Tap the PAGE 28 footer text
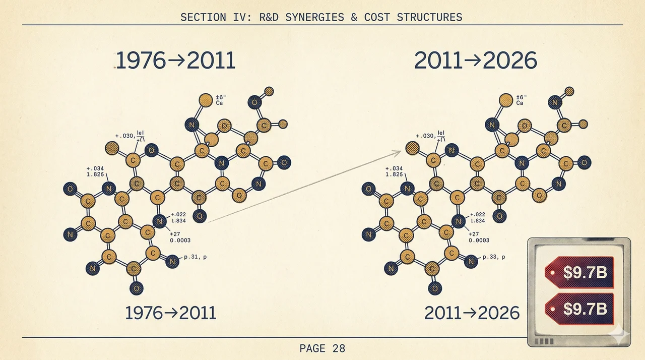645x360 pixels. (x=322, y=348)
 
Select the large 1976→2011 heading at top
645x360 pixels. (x=176, y=61)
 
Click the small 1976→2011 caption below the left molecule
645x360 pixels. (x=170, y=313)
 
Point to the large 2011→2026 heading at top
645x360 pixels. (x=475, y=61)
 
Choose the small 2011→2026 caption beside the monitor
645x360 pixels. (x=472, y=313)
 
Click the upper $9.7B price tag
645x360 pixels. (x=579, y=273)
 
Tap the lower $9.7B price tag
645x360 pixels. (x=579, y=309)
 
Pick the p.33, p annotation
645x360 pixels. (x=494, y=257)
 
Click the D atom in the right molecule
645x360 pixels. (x=526, y=125)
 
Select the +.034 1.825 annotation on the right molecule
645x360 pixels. (x=394, y=171)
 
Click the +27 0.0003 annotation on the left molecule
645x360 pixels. (x=181, y=237)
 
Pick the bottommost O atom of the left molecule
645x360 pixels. (x=136, y=288)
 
